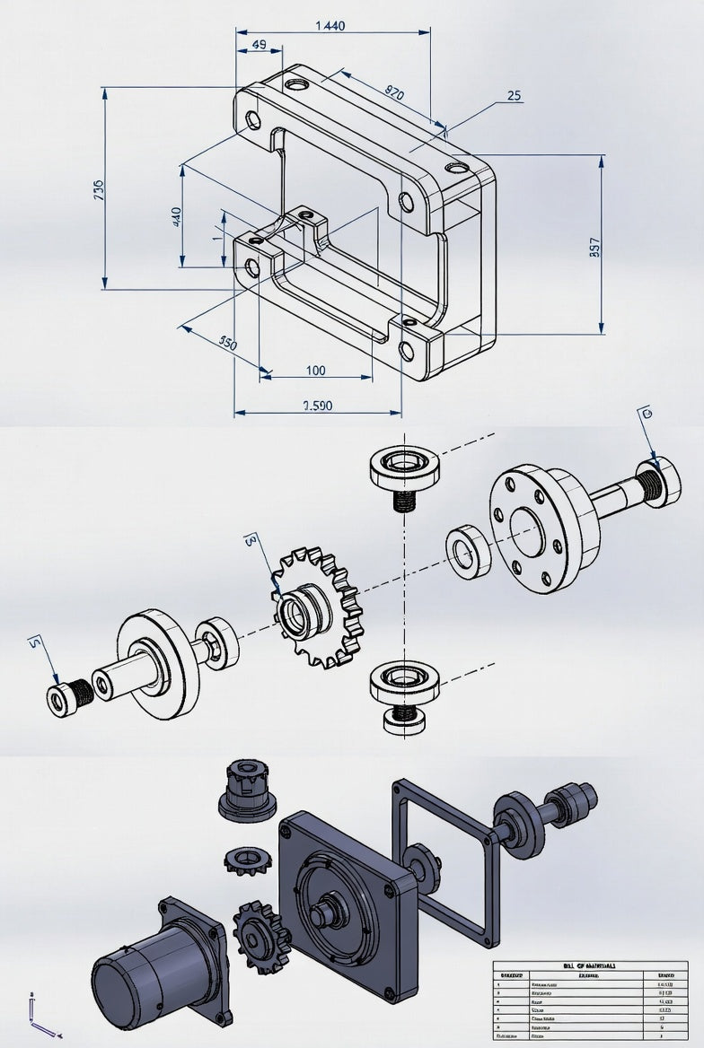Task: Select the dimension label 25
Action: coord(514,95)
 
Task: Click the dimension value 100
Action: coord(316,370)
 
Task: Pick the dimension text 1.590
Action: coord(317,406)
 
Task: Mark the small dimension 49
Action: coord(258,44)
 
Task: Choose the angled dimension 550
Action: coord(228,343)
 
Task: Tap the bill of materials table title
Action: coord(589,965)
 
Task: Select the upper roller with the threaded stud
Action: coord(404,470)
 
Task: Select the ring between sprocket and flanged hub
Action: coord(469,551)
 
